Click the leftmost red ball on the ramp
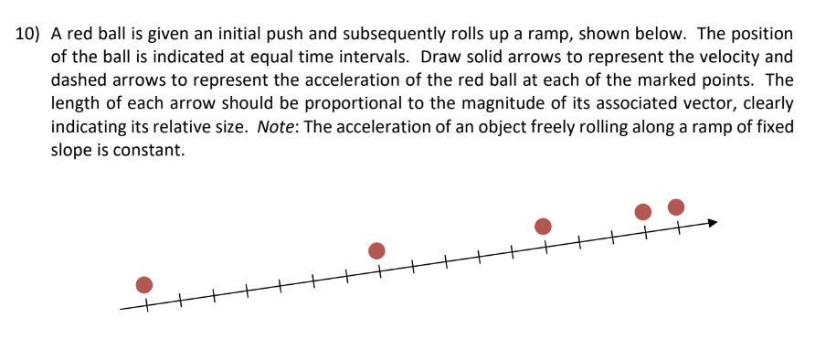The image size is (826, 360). (143, 284)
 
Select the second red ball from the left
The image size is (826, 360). (376, 250)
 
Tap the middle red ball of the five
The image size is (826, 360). (543, 226)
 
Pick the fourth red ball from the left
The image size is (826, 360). (643, 211)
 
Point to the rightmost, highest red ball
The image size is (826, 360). (676, 206)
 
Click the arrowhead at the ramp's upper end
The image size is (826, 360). (712, 221)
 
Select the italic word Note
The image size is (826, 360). (275, 127)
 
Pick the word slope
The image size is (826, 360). (71, 151)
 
